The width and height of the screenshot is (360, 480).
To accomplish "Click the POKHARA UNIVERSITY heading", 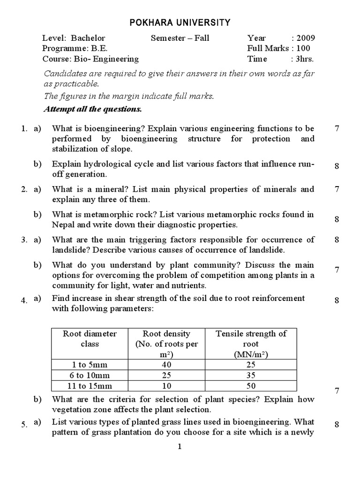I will tap(180, 22).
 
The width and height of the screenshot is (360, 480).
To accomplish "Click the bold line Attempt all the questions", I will tap(92, 109).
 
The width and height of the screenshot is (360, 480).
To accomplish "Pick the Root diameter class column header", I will tap(90, 338).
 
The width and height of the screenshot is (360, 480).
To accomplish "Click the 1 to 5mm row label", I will tap(90, 364).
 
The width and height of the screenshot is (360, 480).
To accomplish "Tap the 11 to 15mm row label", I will tap(90, 385).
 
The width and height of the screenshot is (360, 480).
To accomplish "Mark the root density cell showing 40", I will tap(166, 364).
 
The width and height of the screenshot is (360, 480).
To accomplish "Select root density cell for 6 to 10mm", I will tap(166, 375).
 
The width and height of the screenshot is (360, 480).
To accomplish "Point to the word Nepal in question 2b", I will tap(63, 224).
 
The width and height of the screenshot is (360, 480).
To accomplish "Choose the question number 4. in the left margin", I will tap(24, 301).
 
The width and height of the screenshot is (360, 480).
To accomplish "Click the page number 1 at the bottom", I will tap(180, 447).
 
